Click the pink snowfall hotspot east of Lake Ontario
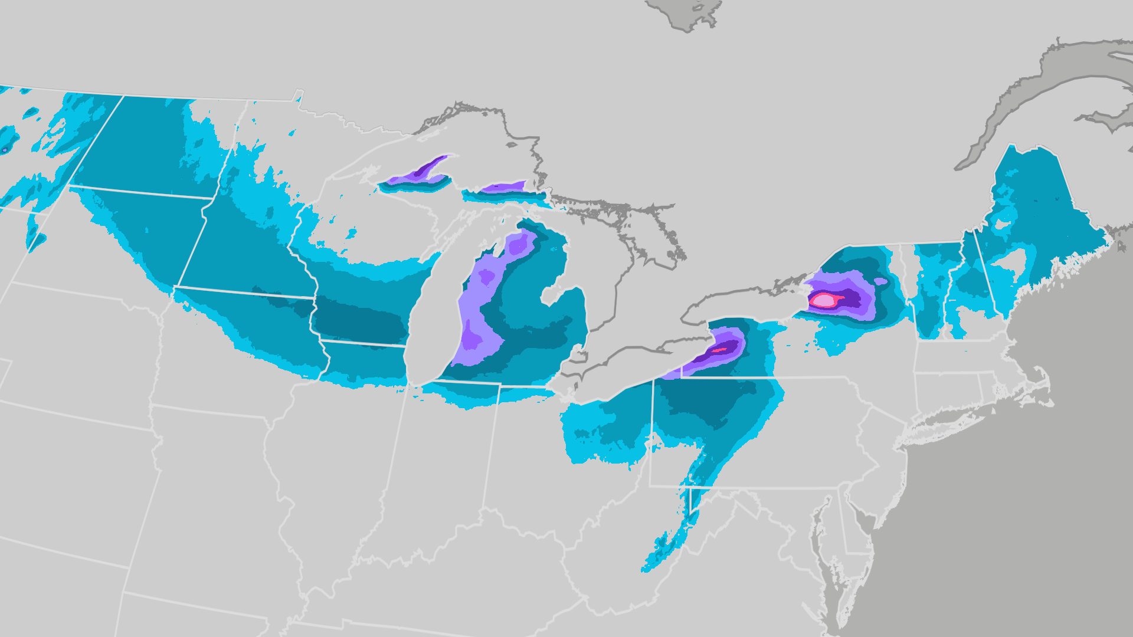(823, 300)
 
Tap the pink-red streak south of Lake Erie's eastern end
(719, 350)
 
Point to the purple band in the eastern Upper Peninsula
(502, 188)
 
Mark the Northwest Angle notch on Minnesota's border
(298, 95)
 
